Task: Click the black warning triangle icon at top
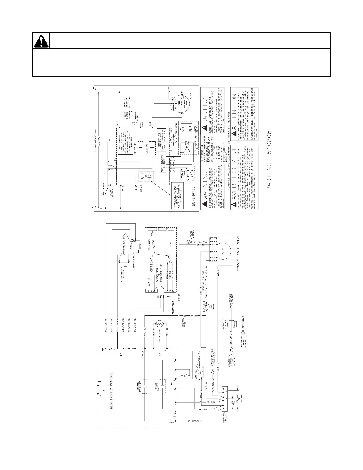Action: (x=41, y=41)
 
